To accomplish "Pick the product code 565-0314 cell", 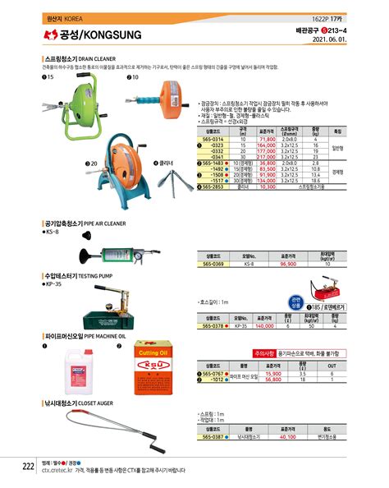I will (x=213, y=140).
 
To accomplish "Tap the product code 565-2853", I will (x=213, y=186).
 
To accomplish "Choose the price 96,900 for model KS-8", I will (x=287, y=265).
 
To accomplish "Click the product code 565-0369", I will (x=213, y=265).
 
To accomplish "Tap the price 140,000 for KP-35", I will (x=265, y=325).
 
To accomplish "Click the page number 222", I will (x=27, y=466).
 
